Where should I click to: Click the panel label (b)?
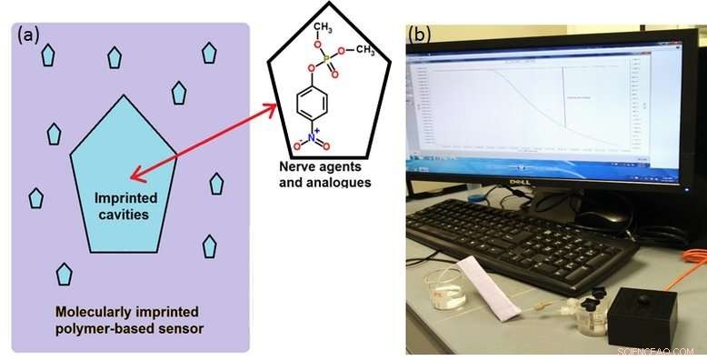coord(421,35)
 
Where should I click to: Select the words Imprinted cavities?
coord(125,206)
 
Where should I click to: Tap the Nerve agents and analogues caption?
coord(325,175)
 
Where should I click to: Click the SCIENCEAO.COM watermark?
coord(656,350)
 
